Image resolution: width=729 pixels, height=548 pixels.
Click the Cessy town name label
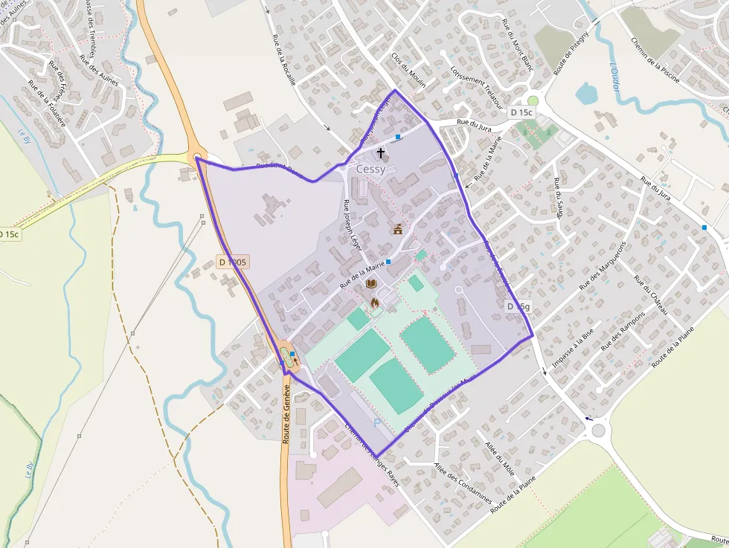click(371, 170)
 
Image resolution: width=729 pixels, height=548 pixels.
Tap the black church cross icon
click(381, 153)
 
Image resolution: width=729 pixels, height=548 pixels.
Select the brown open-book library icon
click(371, 284)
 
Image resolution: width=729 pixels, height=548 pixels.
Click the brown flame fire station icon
click(375, 303)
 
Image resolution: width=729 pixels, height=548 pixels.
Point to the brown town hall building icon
click(398, 228)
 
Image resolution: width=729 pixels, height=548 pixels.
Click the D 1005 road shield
click(233, 262)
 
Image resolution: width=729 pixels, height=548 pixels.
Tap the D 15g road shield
click(519, 306)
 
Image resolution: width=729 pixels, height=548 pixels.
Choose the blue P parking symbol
click(377, 423)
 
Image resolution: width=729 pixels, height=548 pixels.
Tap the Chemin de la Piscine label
click(655, 60)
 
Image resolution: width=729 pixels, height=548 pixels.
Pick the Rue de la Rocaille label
click(284, 60)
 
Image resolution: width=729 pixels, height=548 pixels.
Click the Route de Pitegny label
click(571, 53)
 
